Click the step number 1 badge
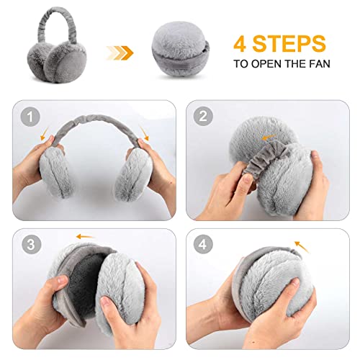pos(30,117)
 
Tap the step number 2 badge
pos(203,117)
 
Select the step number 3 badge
pos(31,245)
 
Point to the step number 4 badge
pos(203,244)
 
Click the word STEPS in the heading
pos(289,43)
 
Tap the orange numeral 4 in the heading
pos(240,44)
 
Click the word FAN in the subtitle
pos(320,64)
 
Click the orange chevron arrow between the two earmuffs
pos(120,53)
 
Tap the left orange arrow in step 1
pos(45,133)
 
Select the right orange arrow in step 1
pos(144,133)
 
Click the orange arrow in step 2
pos(269,138)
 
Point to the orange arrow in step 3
pos(84,237)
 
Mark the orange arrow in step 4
pos(302,247)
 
